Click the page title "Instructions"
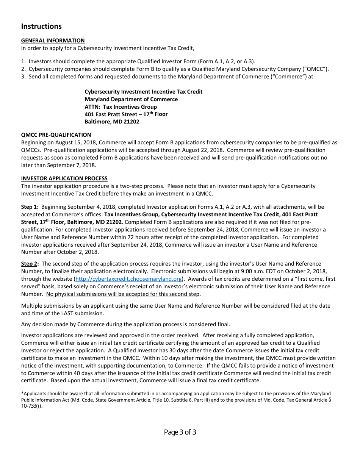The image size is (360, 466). click(x=41, y=26)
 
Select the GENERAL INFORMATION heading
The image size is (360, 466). click(x=53, y=41)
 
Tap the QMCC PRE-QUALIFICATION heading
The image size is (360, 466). click(x=56, y=135)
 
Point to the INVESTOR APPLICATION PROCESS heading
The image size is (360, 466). click(x=64, y=178)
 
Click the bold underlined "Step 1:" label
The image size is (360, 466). click(x=30, y=207)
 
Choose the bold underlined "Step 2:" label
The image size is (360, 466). click(x=30, y=264)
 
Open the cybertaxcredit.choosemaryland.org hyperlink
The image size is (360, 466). click(x=128, y=279)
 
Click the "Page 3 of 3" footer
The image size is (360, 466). click(x=180, y=432)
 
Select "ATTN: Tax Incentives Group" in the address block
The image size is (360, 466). click(x=121, y=107)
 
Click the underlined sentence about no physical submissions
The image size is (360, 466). click(x=123, y=294)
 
